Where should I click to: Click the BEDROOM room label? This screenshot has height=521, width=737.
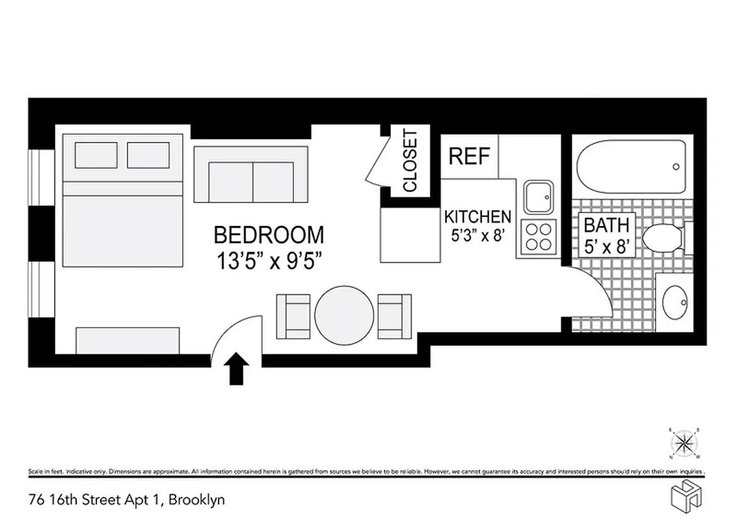pyautogui.click(x=268, y=234)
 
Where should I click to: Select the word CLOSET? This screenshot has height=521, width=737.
pyautogui.click(x=410, y=161)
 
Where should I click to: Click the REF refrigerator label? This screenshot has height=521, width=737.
pyautogui.click(x=470, y=157)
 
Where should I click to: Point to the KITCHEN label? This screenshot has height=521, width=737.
pyautogui.click(x=477, y=217)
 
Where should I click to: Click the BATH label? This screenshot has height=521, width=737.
pyautogui.click(x=606, y=226)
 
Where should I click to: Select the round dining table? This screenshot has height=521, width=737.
pyautogui.click(x=344, y=315)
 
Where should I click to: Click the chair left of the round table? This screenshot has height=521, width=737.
pyautogui.click(x=293, y=317)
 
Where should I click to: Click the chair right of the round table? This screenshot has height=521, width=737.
pyautogui.click(x=395, y=317)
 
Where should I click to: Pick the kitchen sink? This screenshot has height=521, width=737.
pyautogui.click(x=539, y=197)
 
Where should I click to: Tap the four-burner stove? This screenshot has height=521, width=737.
pyautogui.click(x=538, y=237)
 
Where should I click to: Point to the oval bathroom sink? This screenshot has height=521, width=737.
pyautogui.click(x=675, y=302)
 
